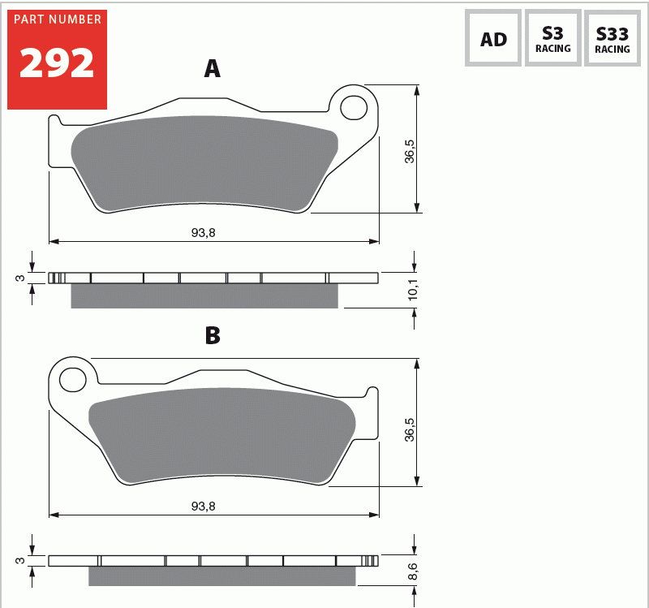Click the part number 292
[x=56, y=63]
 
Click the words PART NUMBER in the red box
[x=56, y=19]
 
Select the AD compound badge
[x=493, y=38]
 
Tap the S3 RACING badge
[x=552, y=38]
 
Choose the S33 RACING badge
[x=612, y=38]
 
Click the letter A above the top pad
[x=212, y=69]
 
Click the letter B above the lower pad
[x=212, y=335]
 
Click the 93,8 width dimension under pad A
[x=203, y=232]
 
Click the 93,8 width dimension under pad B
[x=203, y=506]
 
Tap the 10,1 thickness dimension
[x=412, y=290]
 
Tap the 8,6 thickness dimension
[x=412, y=571]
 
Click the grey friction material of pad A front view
[x=203, y=162]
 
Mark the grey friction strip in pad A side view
[x=204, y=296]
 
